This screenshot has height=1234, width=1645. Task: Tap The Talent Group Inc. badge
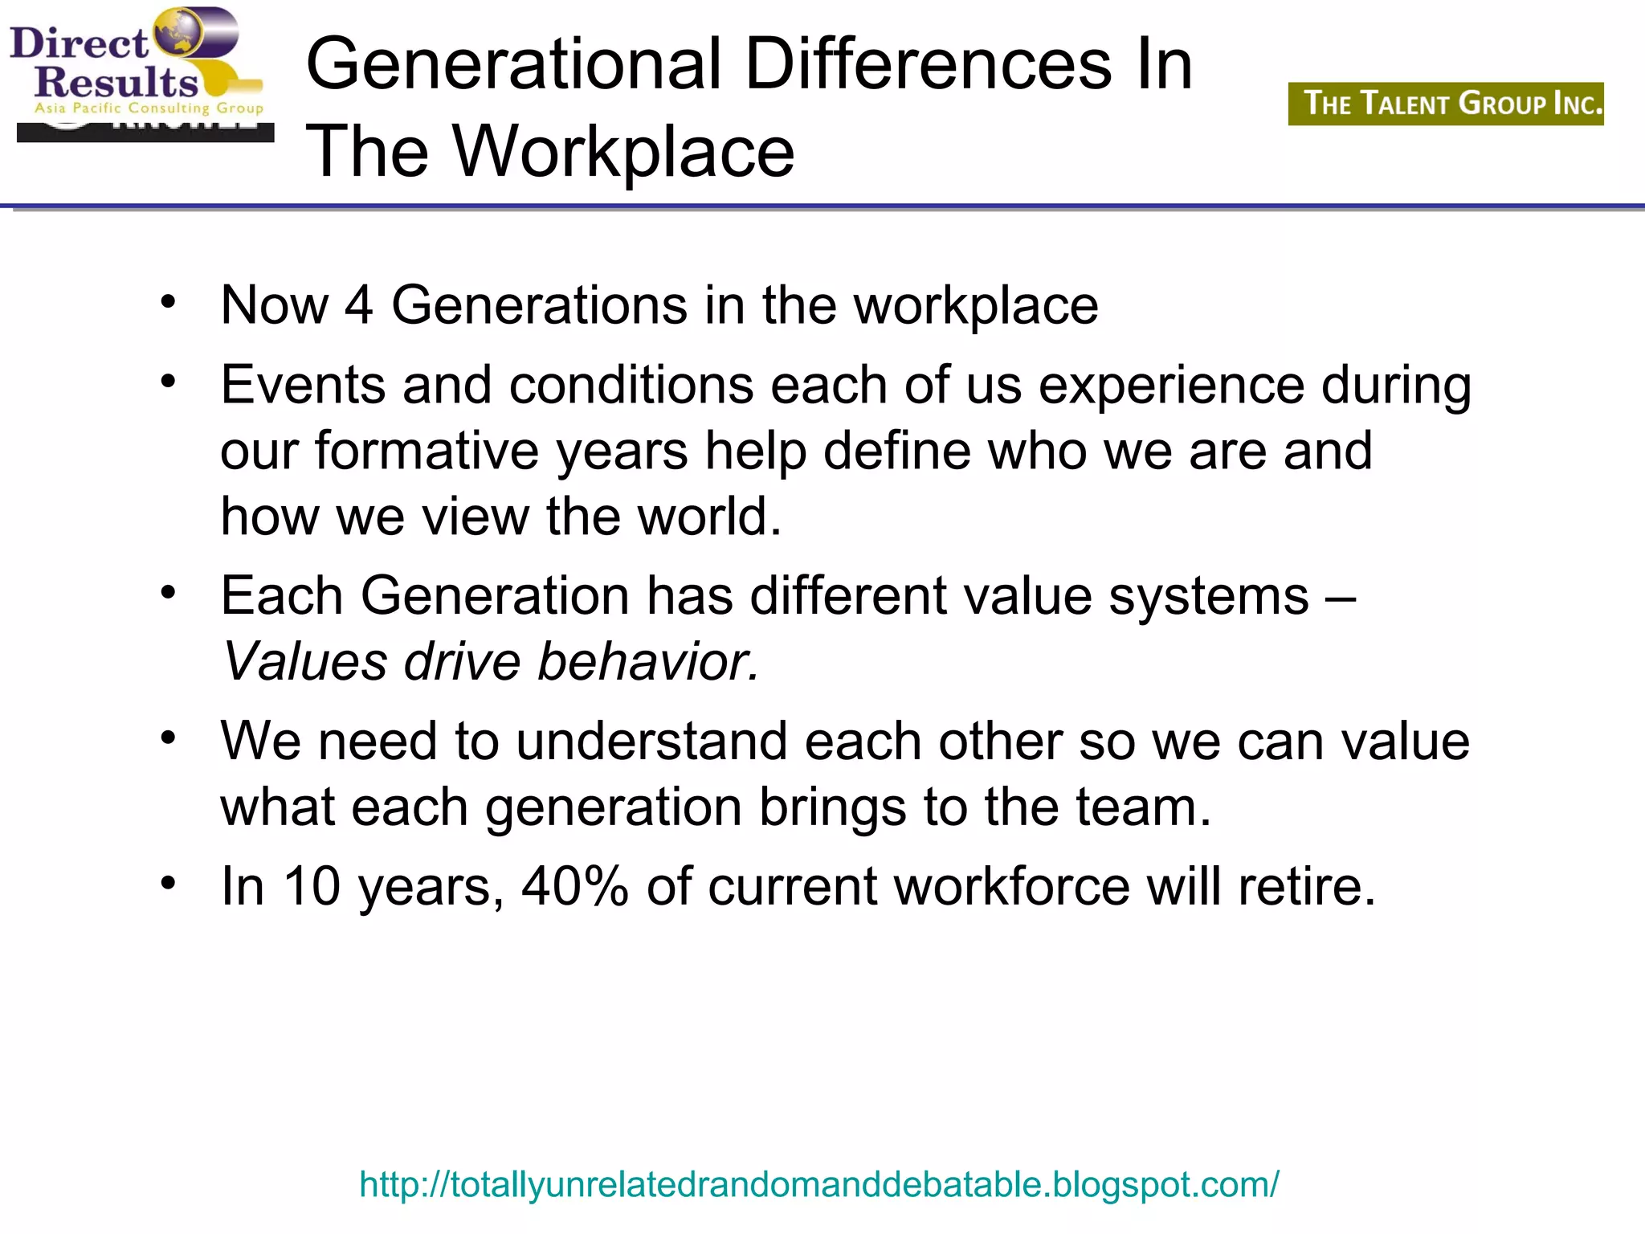click(1446, 104)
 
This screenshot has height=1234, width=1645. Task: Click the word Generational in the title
click(514, 64)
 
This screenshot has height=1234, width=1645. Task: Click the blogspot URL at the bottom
click(819, 1184)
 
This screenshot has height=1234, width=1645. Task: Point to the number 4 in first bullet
click(359, 305)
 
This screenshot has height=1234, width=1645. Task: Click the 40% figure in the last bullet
click(574, 886)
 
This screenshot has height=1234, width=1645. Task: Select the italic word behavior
click(647, 662)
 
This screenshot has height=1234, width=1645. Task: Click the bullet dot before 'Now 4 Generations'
click(168, 303)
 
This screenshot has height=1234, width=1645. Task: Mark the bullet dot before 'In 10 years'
click(168, 884)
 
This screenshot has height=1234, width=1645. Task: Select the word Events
click(303, 385)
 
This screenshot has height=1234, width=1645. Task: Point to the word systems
click(1209, 596)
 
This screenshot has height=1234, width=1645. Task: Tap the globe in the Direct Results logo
click(178, 34)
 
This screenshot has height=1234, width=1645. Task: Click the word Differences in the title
click(929, 64)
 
